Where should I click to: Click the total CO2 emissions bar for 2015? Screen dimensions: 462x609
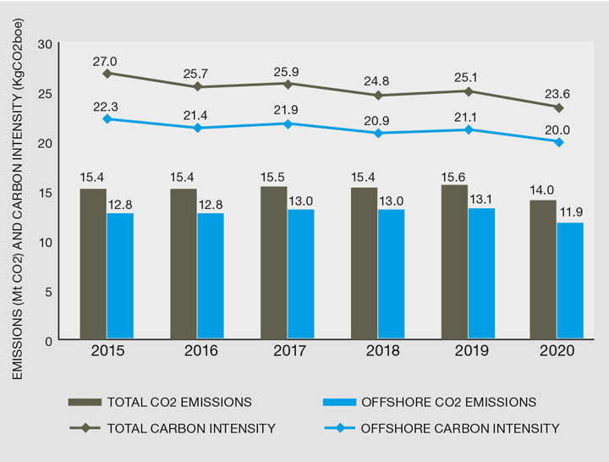click(x=93, y=264)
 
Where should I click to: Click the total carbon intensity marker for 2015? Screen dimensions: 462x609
click(x=107, y=74)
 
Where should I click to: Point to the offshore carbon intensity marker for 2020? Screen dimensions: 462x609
click(x=558, y=141)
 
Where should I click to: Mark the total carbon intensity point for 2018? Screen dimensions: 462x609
click(x=378, y=95)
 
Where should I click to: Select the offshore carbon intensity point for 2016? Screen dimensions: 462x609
click(x=197, y=128)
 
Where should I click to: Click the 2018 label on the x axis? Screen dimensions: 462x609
click(x=378, y=352)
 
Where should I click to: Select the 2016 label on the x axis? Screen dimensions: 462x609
click(x=197, y=352)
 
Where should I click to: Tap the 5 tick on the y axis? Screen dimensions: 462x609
click(x=48, y=292)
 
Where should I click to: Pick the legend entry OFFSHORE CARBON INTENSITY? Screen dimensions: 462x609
click(x=459, y=428)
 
